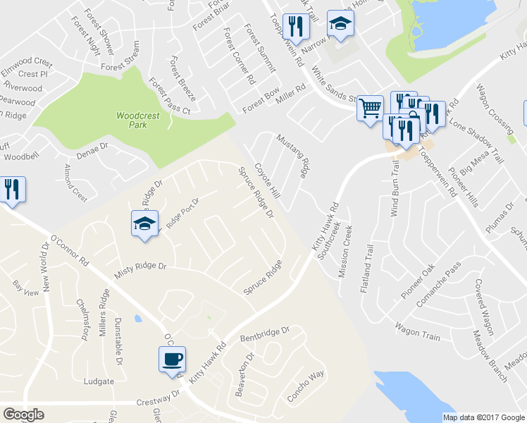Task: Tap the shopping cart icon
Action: pos(370,109)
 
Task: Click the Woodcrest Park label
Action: pos(132,119)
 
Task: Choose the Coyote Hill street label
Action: pos(267,181)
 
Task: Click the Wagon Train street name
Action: pos(417,332)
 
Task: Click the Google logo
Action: pos(23,415)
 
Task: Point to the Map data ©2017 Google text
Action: pos(483,417)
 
